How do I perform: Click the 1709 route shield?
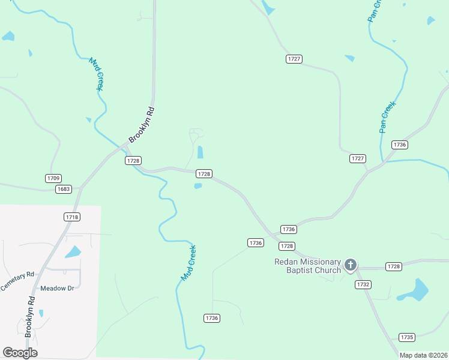coord(53,178)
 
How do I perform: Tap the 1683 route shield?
coord(63,189)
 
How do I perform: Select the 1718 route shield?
coord(71,216)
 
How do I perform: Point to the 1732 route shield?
coord(363,284)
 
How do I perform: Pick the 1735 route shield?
coord(407,337)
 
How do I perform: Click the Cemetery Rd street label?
coord(18,281)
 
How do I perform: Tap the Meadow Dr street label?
coord(57,288)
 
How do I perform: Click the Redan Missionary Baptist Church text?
coord(307,266)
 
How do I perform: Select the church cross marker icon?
coord(351,265)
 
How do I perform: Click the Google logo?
coord(20,353)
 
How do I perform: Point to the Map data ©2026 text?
coord(423,355)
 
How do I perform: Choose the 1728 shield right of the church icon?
coord(394,266)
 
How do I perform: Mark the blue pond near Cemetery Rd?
coord(73,252)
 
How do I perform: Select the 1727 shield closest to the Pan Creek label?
coord(358,158)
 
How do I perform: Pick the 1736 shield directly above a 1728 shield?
coord(289,230)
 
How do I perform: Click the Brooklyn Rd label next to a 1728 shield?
coord(142,125)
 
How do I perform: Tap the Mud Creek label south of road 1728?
coord(189,263)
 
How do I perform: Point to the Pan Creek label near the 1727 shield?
coord(387,116)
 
